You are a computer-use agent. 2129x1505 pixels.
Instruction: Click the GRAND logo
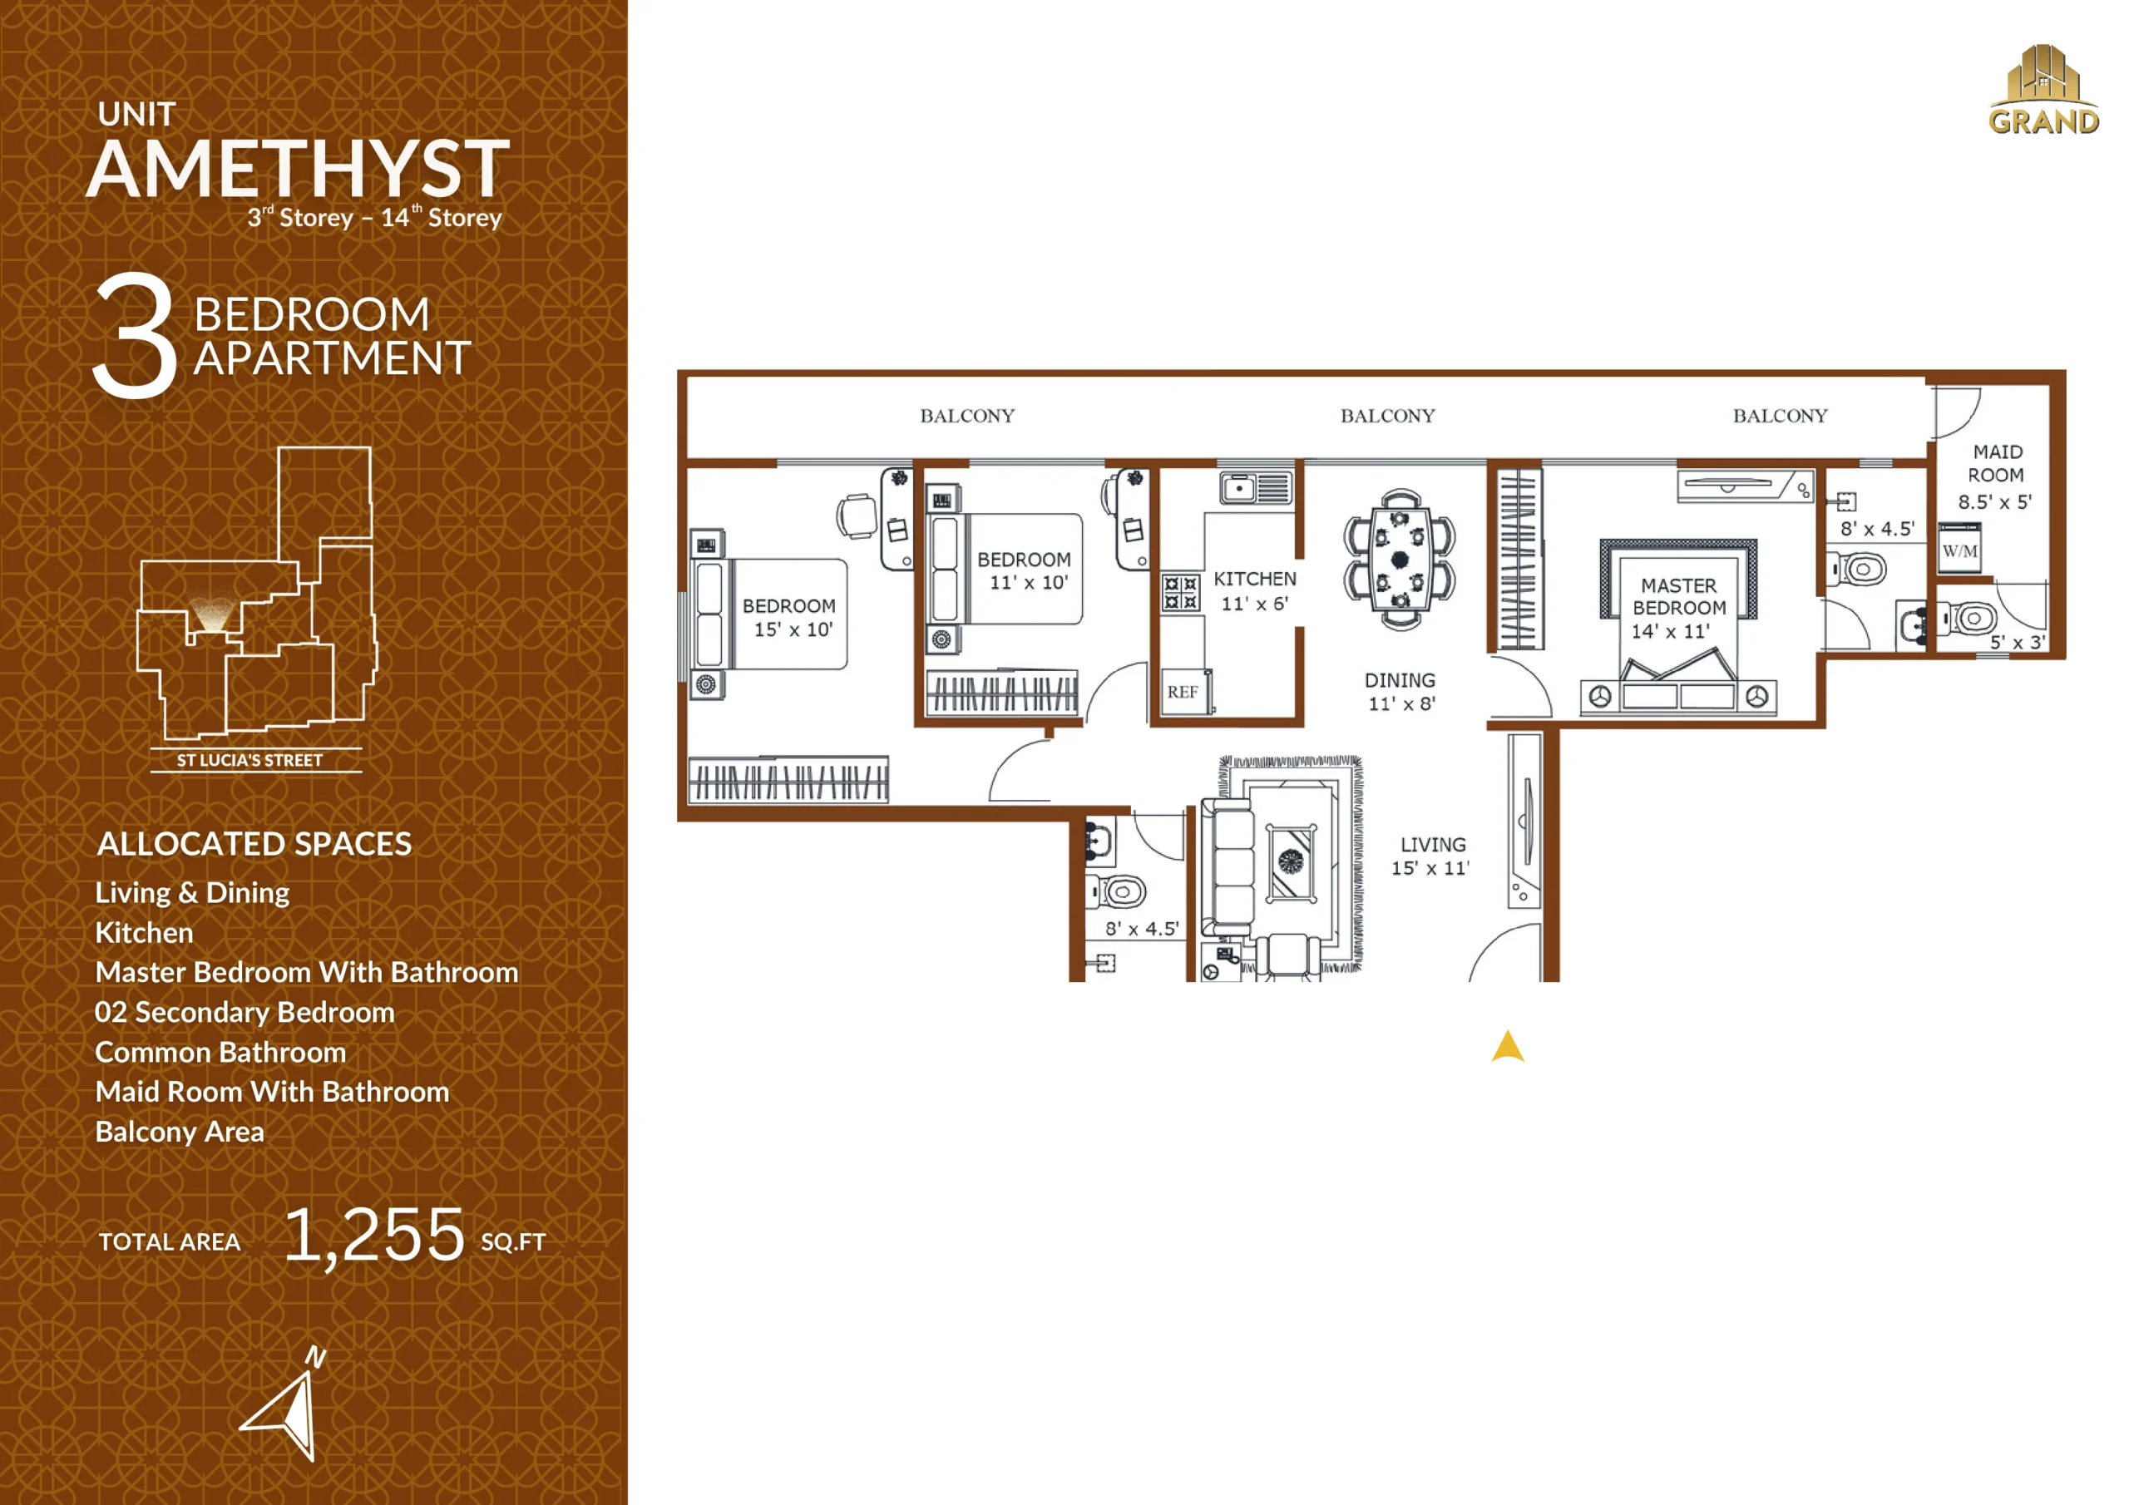2043,90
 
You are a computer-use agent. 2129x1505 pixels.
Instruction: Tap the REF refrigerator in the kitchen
1183,692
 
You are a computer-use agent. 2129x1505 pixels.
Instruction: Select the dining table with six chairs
1400,559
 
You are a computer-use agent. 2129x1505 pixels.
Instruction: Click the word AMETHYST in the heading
299,169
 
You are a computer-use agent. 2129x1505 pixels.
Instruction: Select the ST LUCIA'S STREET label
249,760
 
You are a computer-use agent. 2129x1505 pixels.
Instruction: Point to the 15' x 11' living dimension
1430,869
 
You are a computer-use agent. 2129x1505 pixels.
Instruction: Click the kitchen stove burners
1180,593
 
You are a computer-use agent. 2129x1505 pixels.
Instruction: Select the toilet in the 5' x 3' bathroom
1968,618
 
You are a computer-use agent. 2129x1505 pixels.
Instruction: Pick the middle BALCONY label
1387,417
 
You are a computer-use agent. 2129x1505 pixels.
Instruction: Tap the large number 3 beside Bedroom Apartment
136,335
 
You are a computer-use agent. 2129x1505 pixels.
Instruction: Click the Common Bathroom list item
220,1053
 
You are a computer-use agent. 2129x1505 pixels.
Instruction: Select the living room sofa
1228,868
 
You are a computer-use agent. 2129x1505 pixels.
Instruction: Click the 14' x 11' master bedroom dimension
1670,631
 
